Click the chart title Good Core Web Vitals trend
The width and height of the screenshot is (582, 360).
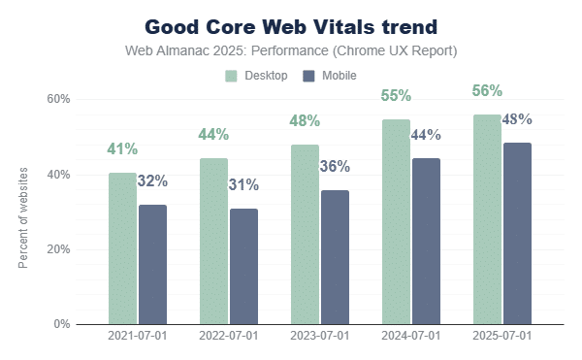pyautogui.click(x=292, y=26)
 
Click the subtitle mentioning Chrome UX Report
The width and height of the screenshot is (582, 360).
pyautogui.click(x=292, y=50)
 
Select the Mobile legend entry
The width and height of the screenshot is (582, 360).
pyautogui.click(x=329, y=76)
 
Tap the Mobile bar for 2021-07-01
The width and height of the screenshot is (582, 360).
pyautogui.click(x=152, y=264)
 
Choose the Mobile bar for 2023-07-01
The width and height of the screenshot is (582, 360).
pyautogui.click(x=335, y=257)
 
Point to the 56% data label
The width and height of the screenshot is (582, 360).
pyautogui.click(x=487, y=91)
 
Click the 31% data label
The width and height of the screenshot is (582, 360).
pyautogui.click(x=243, y=184)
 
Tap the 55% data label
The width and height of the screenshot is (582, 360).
pyautogui.click(x=396, y=96)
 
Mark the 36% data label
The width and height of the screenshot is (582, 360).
pyautogui.click(x=335, y=166)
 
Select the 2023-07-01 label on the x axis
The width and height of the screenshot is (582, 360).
pyautogui.click(x=319, y=336)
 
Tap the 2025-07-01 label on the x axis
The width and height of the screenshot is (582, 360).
pyautogui.click(x=501, y=336)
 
